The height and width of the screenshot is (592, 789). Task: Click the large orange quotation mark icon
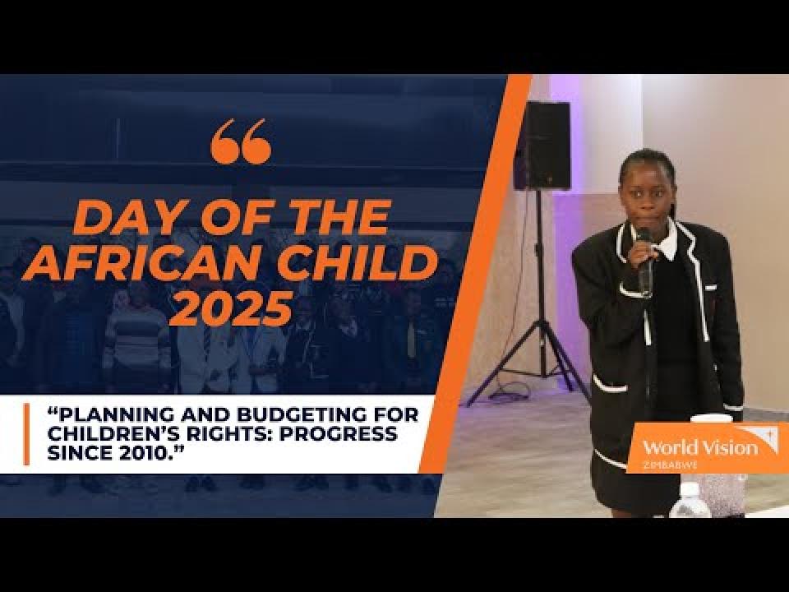click(241, 141)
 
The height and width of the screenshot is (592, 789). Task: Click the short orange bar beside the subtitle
click(26, 433)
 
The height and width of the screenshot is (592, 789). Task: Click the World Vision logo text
click(700, 447)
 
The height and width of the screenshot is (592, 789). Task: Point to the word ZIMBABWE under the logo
click(670, 465)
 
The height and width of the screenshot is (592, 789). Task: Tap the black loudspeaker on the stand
click(542, 146)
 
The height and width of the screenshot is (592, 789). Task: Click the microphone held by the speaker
click(644, 261)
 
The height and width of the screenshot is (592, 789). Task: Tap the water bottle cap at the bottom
click(690, 489)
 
